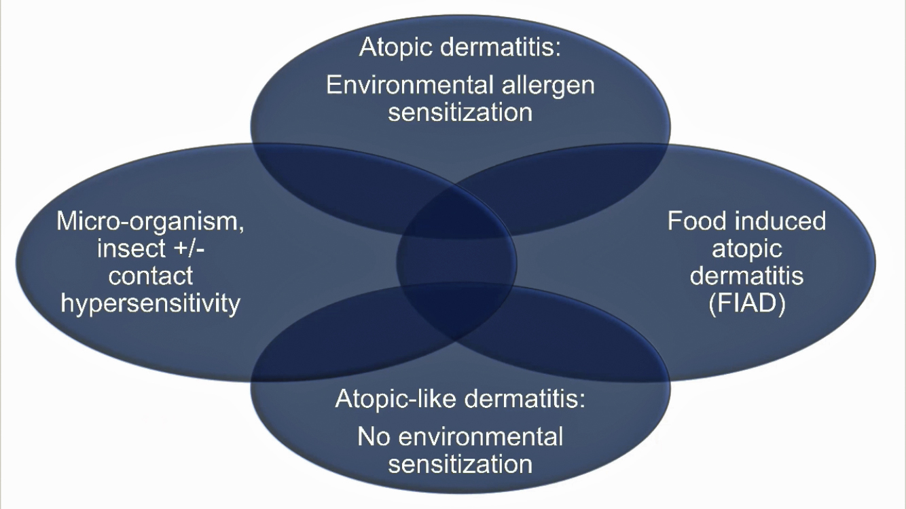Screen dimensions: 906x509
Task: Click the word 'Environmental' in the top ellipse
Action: coord(409,86)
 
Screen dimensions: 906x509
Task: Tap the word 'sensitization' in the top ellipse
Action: coord(460,112)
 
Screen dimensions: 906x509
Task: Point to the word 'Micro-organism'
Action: coord(150,223)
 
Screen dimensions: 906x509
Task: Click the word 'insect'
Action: coord(126,248)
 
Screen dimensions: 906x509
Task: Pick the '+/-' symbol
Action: coord(185,248)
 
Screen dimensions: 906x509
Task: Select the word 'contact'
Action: coord(151,276)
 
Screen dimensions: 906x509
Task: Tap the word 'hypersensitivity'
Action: coord(151,303)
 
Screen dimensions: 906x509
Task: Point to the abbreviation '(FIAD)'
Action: coord(746,304)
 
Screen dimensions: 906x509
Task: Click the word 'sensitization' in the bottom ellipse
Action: coord(460,464)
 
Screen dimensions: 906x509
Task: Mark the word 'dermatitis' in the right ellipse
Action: coord(746,276)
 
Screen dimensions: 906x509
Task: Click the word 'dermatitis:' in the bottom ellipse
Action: coord(525,398)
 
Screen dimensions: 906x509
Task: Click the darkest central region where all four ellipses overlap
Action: coord(456,261)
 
